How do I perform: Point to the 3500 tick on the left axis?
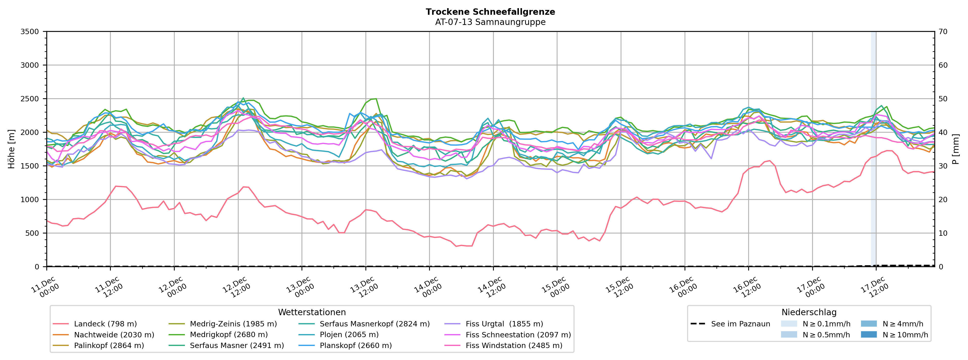30,32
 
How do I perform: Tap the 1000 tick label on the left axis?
30,200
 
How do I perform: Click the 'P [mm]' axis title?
956,149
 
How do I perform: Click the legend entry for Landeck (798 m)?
105,324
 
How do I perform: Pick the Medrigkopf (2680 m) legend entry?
228,335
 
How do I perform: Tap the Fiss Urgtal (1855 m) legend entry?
504,324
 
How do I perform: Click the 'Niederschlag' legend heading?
809,312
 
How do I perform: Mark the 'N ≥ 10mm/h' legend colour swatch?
868,335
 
